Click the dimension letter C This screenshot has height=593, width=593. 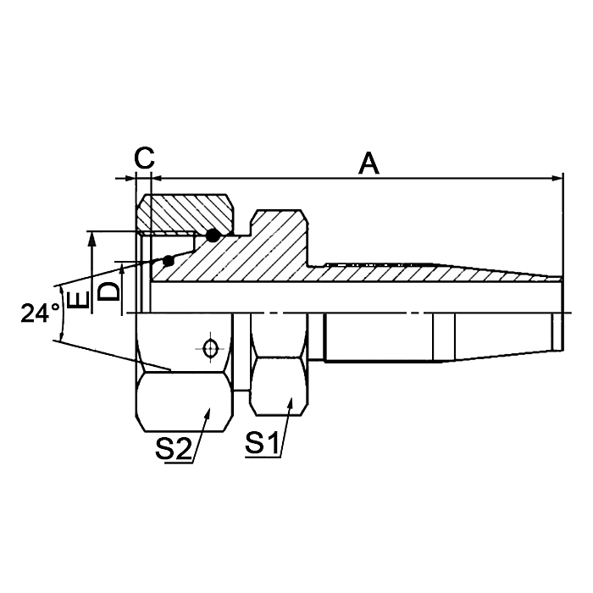pyautogui.click(x=145, y=157)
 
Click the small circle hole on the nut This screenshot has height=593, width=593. pyautogui.click(x=208, y=347)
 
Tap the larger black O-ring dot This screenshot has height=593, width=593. pyautogui.click(x=213, y=234)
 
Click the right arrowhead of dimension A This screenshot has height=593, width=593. pyautogui.click(x=558, y=179)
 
